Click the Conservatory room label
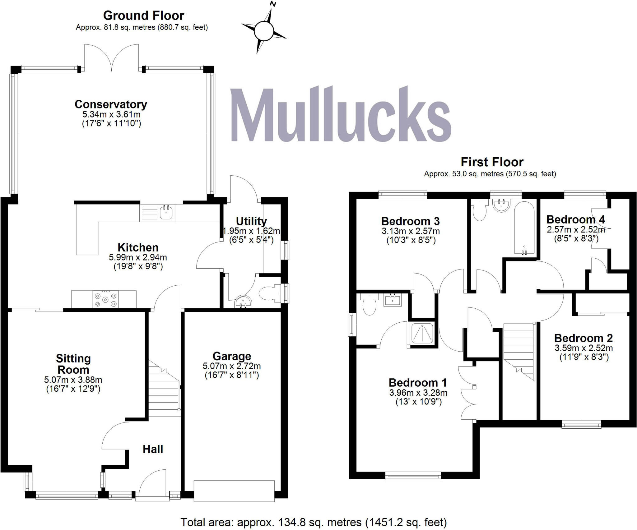(111, 104)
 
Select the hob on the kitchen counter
(106, 299)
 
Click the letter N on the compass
(273, 4)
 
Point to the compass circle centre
(263, 31)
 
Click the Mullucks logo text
(341, 115)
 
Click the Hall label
(153, 449)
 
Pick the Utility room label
(251, 221)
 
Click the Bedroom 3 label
(410, 221)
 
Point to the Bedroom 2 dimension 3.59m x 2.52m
(584, 348)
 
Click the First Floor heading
(492, 162)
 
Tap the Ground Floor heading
(143, 16)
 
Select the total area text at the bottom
(314, 522)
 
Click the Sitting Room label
(73, 364)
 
